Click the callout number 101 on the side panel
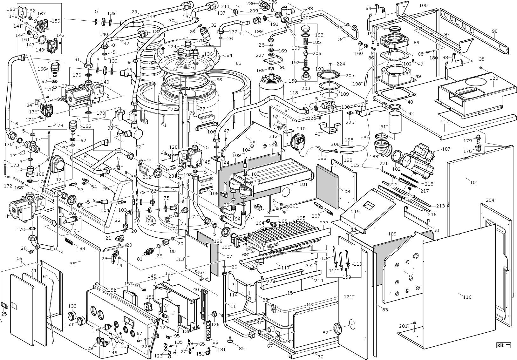tap(474, 182)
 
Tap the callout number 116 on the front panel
tap(467, 297)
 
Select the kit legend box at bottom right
tap(503, 345)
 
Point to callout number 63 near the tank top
tap(239, 63)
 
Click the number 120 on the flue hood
tap(493, 78)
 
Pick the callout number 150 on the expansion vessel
tap(292, 81)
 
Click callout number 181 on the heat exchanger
tap(303, 184)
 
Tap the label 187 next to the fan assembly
tap(446, 149)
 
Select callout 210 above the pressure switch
tap(301, 129)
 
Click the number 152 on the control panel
tap(112, 290)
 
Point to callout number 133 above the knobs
tap(72, 306)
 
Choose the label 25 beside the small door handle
tap(4, 314)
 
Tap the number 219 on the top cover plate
tap(355, 212)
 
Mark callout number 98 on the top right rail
tap(494, 31)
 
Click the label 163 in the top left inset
tap(11, 9)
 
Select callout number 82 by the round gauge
tap(325, 333)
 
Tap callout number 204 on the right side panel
tap(490, 200)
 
